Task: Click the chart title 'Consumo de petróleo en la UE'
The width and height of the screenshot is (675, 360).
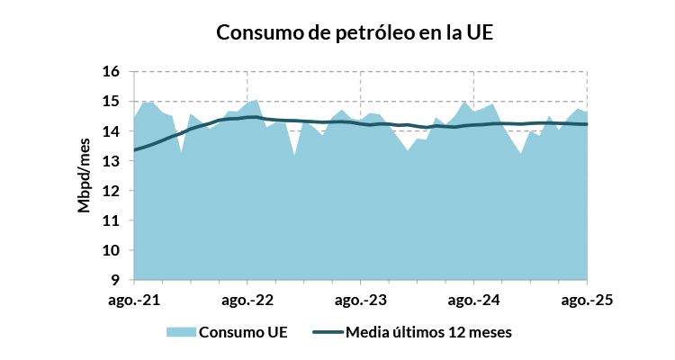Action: point(355,33)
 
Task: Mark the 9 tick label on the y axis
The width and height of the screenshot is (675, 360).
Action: point(116,280)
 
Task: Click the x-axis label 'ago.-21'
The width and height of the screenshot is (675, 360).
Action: point(133,299)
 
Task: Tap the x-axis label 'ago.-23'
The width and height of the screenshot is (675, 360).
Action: point(361,299)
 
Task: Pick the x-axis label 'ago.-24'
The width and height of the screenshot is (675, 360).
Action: point(474,299)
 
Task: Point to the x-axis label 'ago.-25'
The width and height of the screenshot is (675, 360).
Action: point(588,299)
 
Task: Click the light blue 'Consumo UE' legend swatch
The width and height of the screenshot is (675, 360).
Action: point(180,332)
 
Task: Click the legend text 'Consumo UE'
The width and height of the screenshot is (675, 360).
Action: point(243,332)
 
